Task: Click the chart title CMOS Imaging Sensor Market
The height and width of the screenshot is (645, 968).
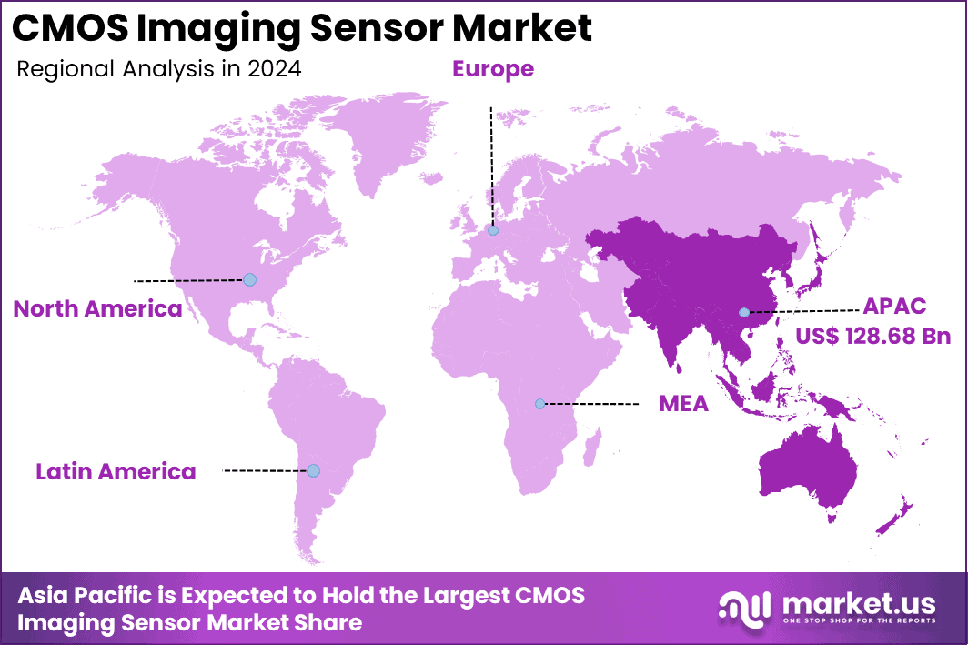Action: (x=302, y=28)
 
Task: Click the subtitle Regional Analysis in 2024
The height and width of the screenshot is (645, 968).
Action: (x=158, y=69)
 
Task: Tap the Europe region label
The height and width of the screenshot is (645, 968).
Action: (x=493, y=68)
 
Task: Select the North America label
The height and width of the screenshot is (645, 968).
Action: (x=97, y=309)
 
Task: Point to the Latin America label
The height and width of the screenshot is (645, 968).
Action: (x=116, y=471)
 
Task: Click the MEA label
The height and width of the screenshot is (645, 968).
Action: (x=683, y=403)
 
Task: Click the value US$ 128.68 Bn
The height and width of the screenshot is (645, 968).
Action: (x=872, y=336)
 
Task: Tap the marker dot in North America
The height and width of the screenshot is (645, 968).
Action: (x=249, y=279)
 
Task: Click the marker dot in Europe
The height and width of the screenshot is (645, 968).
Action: (x=493, y=231)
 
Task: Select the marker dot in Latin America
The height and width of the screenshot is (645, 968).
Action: (x=313, y=470)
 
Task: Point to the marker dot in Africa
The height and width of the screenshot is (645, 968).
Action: (x=539, y=403)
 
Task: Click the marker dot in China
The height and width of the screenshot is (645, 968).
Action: (x=743, y=311)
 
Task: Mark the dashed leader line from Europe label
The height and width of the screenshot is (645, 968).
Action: (x=491, y=164)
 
